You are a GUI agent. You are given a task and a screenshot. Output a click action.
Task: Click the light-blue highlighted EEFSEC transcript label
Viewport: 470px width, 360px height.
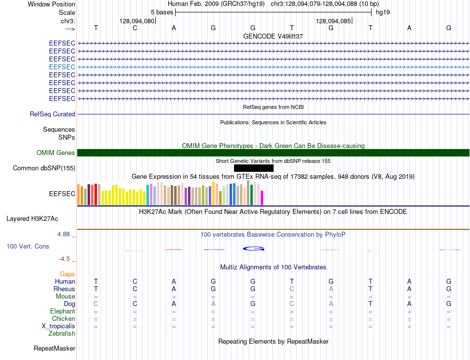tap(62, 67)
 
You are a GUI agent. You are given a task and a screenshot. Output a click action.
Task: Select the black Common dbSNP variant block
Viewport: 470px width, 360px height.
tap(254, 168)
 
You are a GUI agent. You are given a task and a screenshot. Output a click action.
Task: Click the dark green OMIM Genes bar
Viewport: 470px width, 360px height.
tap(273, 153)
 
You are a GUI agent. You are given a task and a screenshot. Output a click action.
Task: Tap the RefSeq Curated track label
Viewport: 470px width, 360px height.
tap(52, 114)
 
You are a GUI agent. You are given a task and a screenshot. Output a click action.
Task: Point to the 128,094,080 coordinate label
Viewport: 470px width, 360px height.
tap(137, 21)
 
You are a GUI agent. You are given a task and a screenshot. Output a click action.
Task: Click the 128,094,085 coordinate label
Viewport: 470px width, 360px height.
tap(333, 21)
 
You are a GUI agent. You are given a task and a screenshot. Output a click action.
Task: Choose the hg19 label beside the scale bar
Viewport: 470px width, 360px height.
tap(383, 12)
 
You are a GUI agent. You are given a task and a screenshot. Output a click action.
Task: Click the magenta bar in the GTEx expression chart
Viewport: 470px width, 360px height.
tap(262, 198)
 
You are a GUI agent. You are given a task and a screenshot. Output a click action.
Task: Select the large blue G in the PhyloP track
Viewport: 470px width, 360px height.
tap(254, 249)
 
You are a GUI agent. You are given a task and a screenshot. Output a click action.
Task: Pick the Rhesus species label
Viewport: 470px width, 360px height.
tap(64, 289)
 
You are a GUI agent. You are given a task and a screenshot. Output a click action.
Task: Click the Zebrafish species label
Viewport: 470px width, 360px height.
tap(62, 333)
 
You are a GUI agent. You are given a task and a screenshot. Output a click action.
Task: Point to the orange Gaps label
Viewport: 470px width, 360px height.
tap(67, 274)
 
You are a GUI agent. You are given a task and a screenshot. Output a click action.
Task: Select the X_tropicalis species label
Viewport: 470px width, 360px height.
tap(58, 326)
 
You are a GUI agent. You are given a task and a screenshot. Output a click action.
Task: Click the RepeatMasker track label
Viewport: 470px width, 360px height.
tap(54, 348)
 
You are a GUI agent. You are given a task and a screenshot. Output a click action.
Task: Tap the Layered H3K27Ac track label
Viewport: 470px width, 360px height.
tap(32, 219)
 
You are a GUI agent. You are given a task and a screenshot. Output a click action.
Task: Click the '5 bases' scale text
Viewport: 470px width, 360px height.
tap(162, 12)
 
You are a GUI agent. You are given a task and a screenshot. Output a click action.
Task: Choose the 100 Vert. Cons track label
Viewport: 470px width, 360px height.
tap(28, 246)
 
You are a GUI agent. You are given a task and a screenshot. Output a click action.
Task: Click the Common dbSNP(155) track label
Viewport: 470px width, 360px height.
tap(44, 168)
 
